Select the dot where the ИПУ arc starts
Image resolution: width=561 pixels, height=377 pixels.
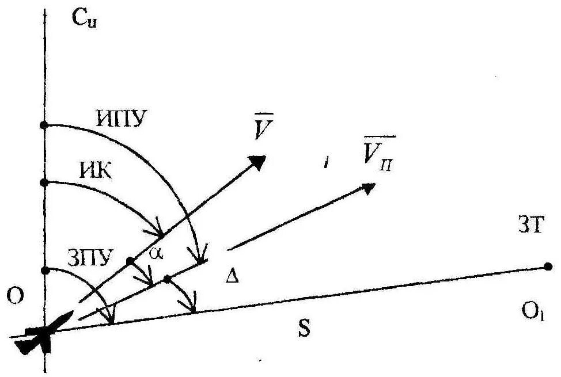pyautogui.click(x=45, y=125)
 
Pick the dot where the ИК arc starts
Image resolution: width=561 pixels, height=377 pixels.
pyautogui.click(x=45, y=182)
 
